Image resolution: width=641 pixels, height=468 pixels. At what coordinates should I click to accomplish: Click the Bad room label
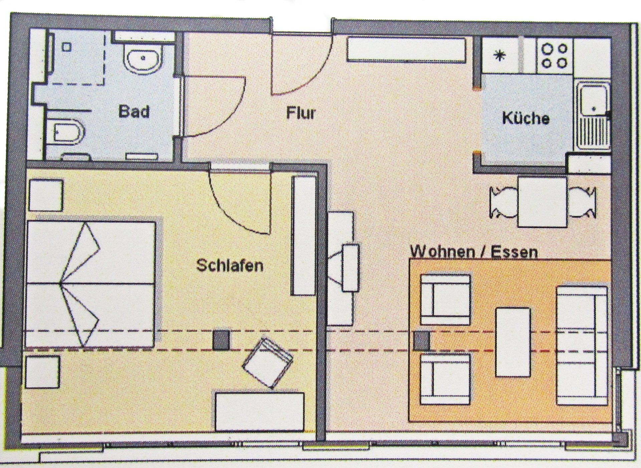134,111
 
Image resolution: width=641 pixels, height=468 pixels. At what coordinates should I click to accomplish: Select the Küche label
526,118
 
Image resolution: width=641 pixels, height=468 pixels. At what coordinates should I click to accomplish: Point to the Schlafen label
230,266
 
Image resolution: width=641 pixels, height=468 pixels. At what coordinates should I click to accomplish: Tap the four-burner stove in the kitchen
554,56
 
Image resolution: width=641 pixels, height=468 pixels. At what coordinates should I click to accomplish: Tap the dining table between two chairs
543,202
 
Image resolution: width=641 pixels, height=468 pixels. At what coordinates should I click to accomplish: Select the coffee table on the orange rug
513,342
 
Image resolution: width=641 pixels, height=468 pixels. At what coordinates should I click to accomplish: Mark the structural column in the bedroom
221,340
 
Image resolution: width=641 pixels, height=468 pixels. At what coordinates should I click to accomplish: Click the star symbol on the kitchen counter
499,56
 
